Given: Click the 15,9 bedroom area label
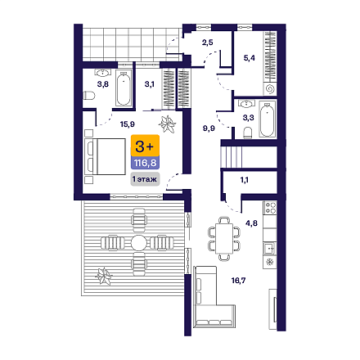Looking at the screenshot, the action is (128, 124).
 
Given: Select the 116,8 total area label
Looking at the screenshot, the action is (145, 163).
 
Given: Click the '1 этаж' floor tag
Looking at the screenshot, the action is (145, 179).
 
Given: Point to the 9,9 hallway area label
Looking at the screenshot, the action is (209, 128).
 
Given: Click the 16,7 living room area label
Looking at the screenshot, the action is (238, 281).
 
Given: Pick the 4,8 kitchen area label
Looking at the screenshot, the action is (251, 223).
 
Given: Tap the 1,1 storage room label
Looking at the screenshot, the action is (245, 180).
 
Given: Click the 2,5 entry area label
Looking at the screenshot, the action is (208, 43).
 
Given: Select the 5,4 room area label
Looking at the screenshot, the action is (250, 58).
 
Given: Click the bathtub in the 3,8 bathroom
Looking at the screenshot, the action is (124, 89).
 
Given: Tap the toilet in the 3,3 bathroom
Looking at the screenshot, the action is (248, 133).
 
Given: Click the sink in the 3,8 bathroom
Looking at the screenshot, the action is (103, 73).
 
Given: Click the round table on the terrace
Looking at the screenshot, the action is (139, 243).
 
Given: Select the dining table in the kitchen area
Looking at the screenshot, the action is (224, 239).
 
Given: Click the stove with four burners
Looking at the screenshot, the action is (270, 208).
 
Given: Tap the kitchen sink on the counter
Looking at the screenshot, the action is (270, 248).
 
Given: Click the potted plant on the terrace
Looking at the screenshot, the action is (104, 277).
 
